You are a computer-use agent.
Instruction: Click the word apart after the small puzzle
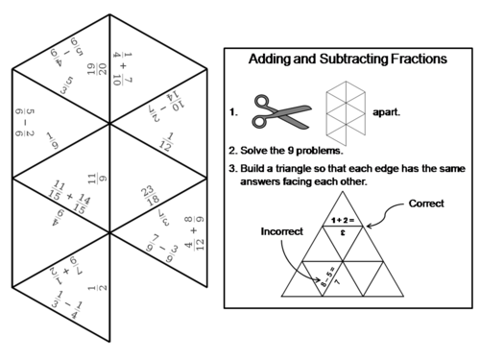point(387,111)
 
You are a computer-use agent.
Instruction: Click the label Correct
point(425,204)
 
